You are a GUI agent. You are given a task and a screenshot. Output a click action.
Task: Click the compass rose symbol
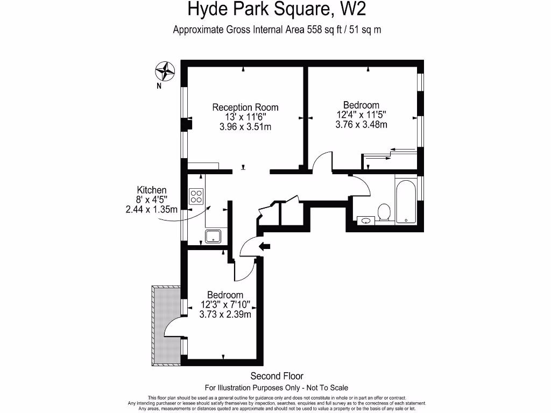(166, 71)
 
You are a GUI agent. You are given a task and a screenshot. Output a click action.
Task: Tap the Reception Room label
(245, 107)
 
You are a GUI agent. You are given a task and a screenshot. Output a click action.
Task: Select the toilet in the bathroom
(384, 212)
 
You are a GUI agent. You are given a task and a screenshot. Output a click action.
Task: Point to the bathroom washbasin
(366, 220)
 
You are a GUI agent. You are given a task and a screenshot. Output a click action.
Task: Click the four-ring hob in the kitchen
(196, 196)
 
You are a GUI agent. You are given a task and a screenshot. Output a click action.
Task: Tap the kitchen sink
(214, 235)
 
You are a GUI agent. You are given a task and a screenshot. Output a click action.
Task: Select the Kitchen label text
(152, 190)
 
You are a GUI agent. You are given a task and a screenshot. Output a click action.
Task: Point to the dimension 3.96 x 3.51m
(245, 127)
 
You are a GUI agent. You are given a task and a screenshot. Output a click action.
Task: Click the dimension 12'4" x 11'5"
(361, 115)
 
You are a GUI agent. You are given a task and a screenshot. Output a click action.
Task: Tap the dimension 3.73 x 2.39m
(225, 315)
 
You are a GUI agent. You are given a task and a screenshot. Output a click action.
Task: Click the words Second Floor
(277, 376)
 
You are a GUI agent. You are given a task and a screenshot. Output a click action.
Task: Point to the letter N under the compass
(159, 86)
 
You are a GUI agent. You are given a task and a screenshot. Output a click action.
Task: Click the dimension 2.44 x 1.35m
(152, 209)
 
